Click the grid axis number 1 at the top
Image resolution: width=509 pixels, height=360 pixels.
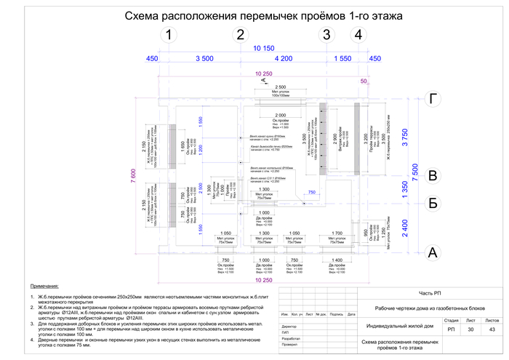pyautogui.click(x=168, y=36)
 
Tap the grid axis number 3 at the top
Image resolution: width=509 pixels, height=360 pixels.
pyautogui.click(x=326, y=36)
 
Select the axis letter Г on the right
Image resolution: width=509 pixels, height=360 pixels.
pyautogui.click(x=433, y=100)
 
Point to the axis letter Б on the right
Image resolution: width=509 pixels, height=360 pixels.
pyautogui.click(x=433, y=203)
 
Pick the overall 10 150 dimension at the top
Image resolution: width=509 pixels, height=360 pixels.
pyautogui.click(x=263, y=48)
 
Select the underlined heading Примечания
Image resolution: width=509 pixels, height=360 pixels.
pyautogui.click(x=44, y=287)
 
